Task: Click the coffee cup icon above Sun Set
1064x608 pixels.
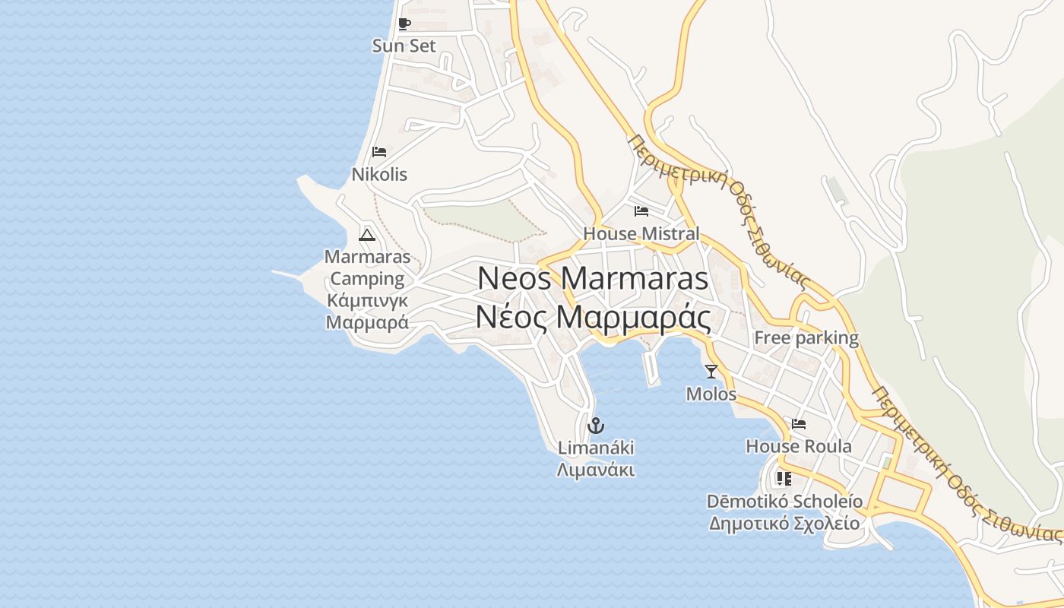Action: [404, 24]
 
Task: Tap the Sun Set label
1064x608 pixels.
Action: [404, 46]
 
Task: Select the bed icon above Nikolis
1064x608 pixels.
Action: [379, 153]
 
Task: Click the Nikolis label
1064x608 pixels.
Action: [379, 175]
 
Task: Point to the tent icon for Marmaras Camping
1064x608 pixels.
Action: [367, 235]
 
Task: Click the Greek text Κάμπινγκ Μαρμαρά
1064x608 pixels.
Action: [367, 311]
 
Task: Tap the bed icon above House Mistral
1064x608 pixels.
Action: [641, 211]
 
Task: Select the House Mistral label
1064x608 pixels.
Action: [641, 233]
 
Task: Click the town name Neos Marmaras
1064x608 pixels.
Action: [593, 279]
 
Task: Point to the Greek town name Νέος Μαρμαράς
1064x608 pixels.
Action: [593, 318]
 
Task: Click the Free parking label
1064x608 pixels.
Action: [806, 338]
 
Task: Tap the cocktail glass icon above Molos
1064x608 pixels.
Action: [711, 372]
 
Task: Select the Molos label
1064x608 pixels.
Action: [711, 394]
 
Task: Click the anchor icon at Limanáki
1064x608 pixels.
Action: [596, 425]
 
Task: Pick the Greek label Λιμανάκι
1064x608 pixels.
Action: [596, 470]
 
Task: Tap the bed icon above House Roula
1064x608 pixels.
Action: [799, 424]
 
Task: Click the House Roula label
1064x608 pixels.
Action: [799, 446]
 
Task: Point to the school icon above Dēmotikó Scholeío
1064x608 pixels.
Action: [784, 479]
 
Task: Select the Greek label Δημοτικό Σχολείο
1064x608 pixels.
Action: [784, 524]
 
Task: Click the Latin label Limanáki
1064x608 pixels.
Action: [596, 448]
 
